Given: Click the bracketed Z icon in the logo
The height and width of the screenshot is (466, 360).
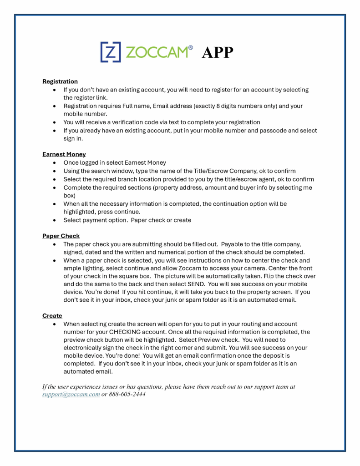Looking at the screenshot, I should point(110,51).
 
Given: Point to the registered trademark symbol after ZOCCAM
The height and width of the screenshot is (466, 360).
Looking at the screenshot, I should point(191,47).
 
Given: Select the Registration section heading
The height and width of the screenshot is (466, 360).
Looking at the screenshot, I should point(60,81).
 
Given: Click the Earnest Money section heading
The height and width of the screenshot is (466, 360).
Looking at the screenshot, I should point(64,154).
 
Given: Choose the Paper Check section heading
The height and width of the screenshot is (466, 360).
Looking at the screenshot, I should point(61,236).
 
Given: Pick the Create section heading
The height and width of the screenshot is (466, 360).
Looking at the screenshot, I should point(52,315).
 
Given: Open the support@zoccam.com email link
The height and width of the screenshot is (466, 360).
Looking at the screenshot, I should point(71,394).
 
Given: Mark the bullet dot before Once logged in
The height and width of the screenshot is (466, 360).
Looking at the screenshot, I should point(55,163).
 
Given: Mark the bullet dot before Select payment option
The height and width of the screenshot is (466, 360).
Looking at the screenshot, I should point(55,220).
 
